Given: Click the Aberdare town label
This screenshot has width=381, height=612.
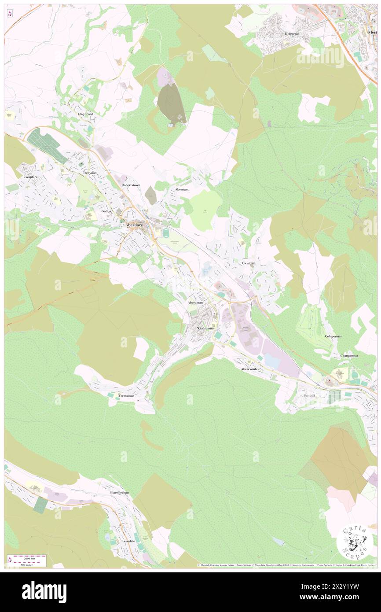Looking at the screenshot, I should click(x=134, y=223).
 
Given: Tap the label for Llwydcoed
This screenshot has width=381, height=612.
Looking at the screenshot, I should click(x=85, y=114).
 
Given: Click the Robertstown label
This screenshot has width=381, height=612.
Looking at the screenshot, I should click(x=131, y=185).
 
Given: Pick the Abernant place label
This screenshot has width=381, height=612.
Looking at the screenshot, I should click(x=182, y=189).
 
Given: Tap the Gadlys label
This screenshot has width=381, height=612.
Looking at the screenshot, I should click(x=106, y=211).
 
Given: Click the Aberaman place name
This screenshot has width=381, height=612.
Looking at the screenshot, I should click(x=196, y=303).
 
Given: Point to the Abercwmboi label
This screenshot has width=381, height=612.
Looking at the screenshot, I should click(x=250, y=369).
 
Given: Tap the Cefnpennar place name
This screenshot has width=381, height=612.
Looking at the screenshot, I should click(x=334, y=336).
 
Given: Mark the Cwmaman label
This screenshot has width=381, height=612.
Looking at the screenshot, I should click(x=126, y=396).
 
